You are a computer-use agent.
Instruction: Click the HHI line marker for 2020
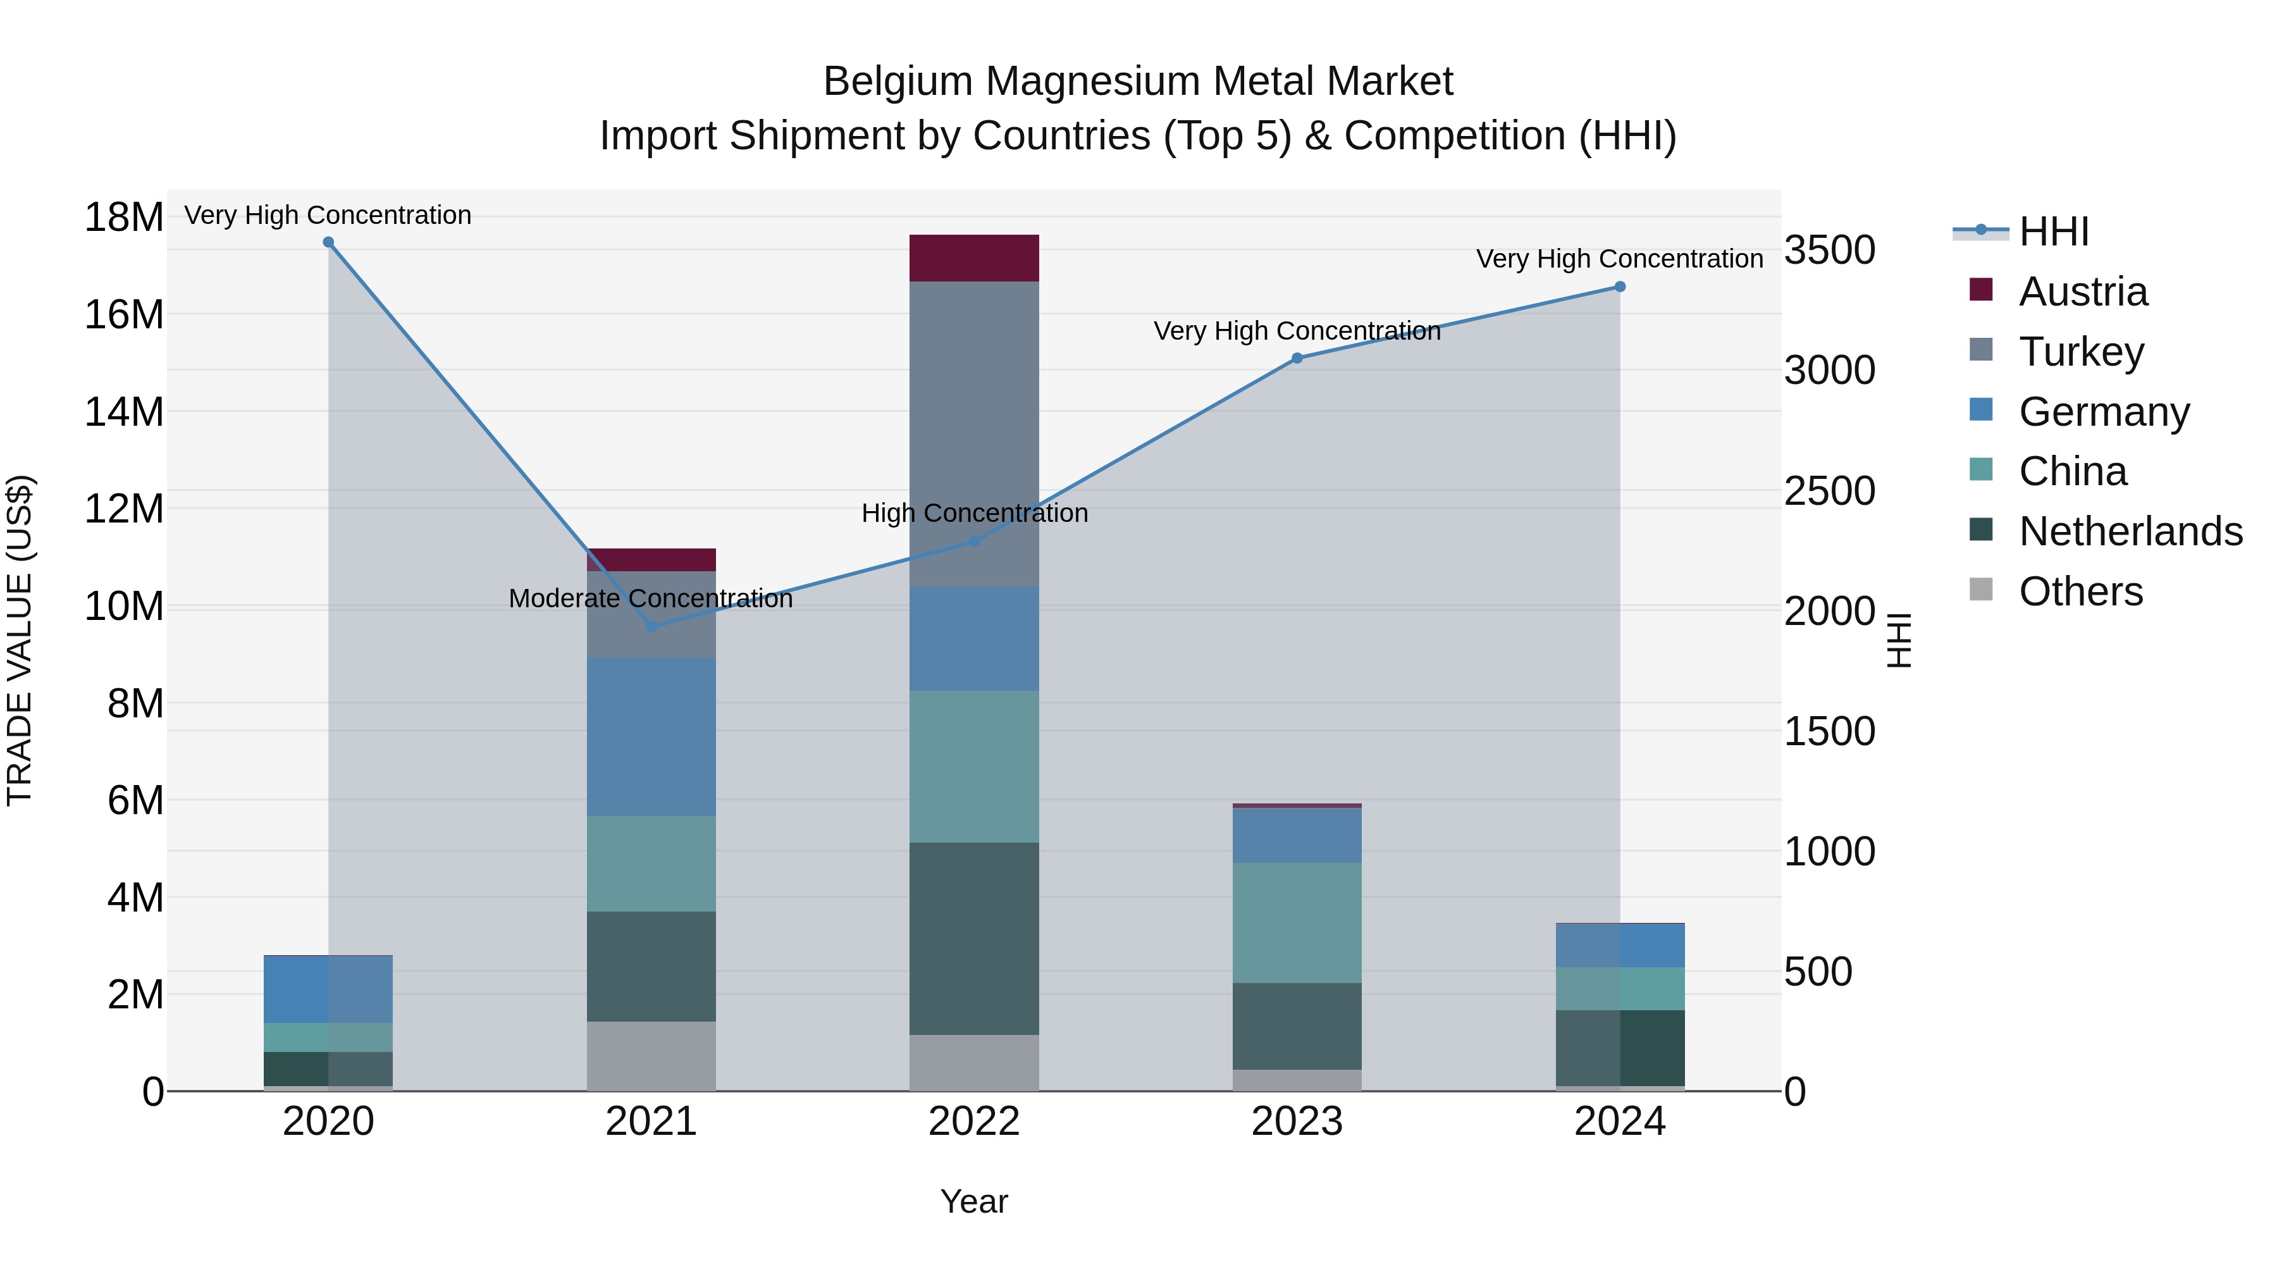pos(328,242)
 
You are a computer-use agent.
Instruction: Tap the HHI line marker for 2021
pos(651,626)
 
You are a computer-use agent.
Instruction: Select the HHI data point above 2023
pos(1297,358)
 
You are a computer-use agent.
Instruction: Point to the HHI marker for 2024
pos(1619,287)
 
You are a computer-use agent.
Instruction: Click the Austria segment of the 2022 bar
pos(973,258)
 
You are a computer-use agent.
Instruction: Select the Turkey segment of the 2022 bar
pos(973,433)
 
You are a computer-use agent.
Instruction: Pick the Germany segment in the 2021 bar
pos(651,736)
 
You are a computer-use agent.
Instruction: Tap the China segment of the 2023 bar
pos(1297,922)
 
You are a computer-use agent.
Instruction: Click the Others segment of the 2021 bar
pos(651,1056)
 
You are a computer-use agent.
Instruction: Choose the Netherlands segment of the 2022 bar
pos(973,938)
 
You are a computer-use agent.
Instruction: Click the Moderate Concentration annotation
pos(651,598)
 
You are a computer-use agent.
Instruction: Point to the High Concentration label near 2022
pos(974,513)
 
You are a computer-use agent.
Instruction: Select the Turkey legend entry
pos(2081,351)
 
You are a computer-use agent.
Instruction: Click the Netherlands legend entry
pos(2130,531)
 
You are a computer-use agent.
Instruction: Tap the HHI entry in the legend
pos(2053,232)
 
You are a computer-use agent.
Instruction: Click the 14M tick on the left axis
pos(124,412)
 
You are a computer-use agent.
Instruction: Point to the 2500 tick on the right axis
pos(1829,491)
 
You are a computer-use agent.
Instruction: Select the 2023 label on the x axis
pos(1297,1122)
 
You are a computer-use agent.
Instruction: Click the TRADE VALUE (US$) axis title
pos(20,640)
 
